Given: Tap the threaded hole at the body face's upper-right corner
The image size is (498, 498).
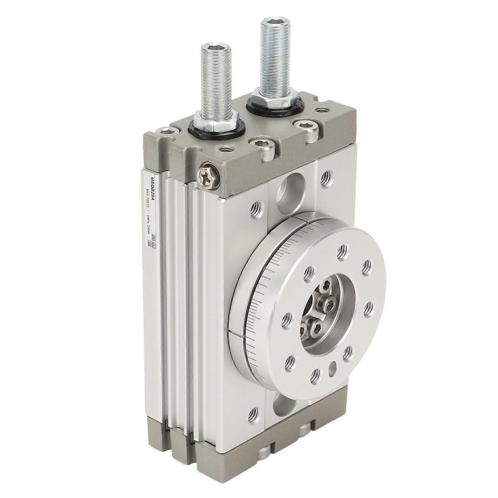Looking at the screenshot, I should [x=326, y=179].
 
